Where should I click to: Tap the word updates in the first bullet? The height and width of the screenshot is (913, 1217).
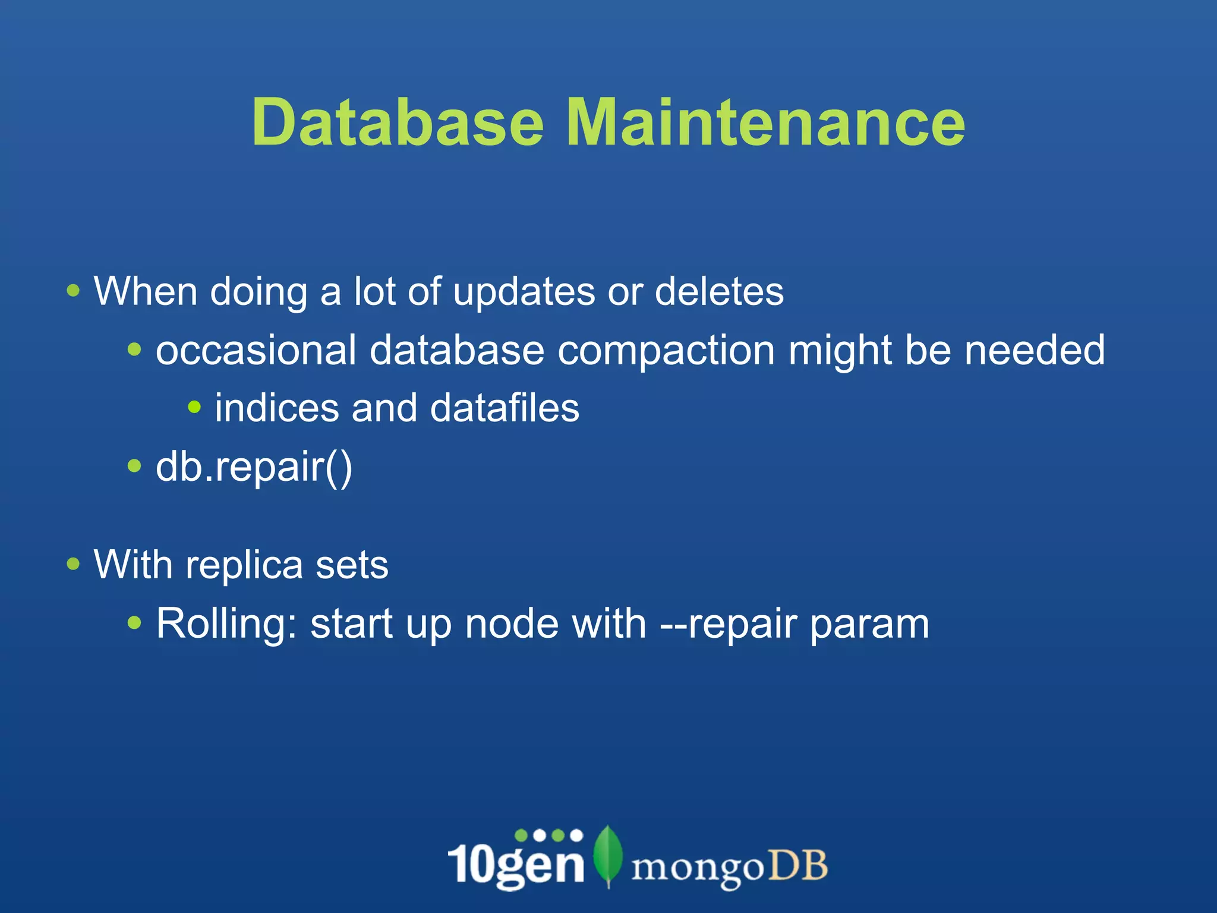point(524,292)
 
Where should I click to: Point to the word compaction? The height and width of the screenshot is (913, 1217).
point(666,350)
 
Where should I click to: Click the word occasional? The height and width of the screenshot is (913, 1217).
point(256,350)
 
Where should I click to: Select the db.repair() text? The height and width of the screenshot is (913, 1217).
point(254,468)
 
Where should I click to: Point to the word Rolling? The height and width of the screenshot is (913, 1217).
point(226,624)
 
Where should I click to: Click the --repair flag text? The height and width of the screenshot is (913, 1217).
point(728,624)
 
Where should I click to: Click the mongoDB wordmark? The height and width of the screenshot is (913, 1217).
point(729,867)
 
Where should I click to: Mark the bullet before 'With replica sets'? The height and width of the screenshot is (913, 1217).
point(73,563)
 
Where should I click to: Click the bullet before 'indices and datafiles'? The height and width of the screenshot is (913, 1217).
point(194,407)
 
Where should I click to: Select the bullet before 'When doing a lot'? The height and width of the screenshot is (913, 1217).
point(73,291)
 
